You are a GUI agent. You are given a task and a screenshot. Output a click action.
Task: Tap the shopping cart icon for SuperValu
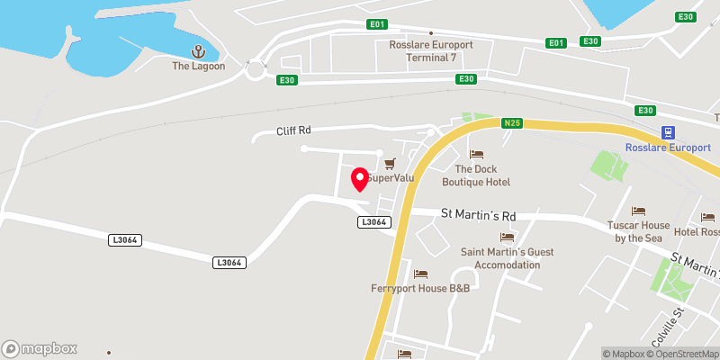390,163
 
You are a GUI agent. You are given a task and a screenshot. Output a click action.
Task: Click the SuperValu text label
391,177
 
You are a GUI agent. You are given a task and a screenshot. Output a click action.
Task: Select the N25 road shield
512,123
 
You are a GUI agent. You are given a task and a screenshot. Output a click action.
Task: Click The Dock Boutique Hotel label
476,175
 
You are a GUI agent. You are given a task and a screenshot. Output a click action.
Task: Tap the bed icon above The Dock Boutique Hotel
476,155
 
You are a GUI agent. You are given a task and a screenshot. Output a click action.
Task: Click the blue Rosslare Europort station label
668,148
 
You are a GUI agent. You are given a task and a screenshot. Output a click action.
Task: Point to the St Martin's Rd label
477,215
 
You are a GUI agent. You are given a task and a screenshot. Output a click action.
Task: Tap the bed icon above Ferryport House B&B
419,274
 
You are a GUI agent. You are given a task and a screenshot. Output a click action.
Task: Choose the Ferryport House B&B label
420,288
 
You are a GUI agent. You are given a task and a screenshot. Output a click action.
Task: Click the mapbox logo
40,348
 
